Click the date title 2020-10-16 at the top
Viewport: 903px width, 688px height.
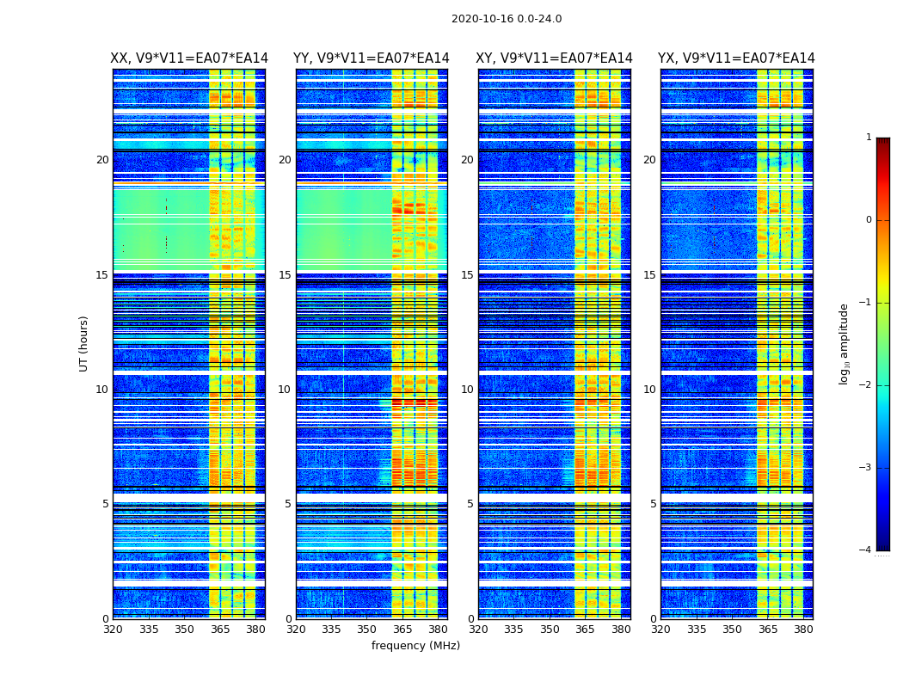[506, 19]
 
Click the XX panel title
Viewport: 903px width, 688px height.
[189, 58]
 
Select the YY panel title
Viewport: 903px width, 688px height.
[372, 58]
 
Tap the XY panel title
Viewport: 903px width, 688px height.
[555, 58]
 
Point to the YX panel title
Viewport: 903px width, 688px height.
[736, 58]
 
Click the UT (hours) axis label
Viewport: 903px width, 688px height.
[84, 343]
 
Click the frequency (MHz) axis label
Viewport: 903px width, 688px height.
[415, 646]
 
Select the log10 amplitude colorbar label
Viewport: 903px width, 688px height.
[845, 343]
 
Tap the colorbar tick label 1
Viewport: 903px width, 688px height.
[868, 138]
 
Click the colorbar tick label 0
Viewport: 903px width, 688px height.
[868, 220]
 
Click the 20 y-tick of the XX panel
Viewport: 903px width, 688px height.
[102, 160]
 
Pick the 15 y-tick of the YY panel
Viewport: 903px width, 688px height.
[285, 275]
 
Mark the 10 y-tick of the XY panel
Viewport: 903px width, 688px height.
[467, 390]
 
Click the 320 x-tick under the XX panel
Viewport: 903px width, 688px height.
[113, 630]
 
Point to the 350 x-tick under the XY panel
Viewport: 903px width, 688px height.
[550, 630]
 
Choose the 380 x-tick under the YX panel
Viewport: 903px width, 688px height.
[803, 630]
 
